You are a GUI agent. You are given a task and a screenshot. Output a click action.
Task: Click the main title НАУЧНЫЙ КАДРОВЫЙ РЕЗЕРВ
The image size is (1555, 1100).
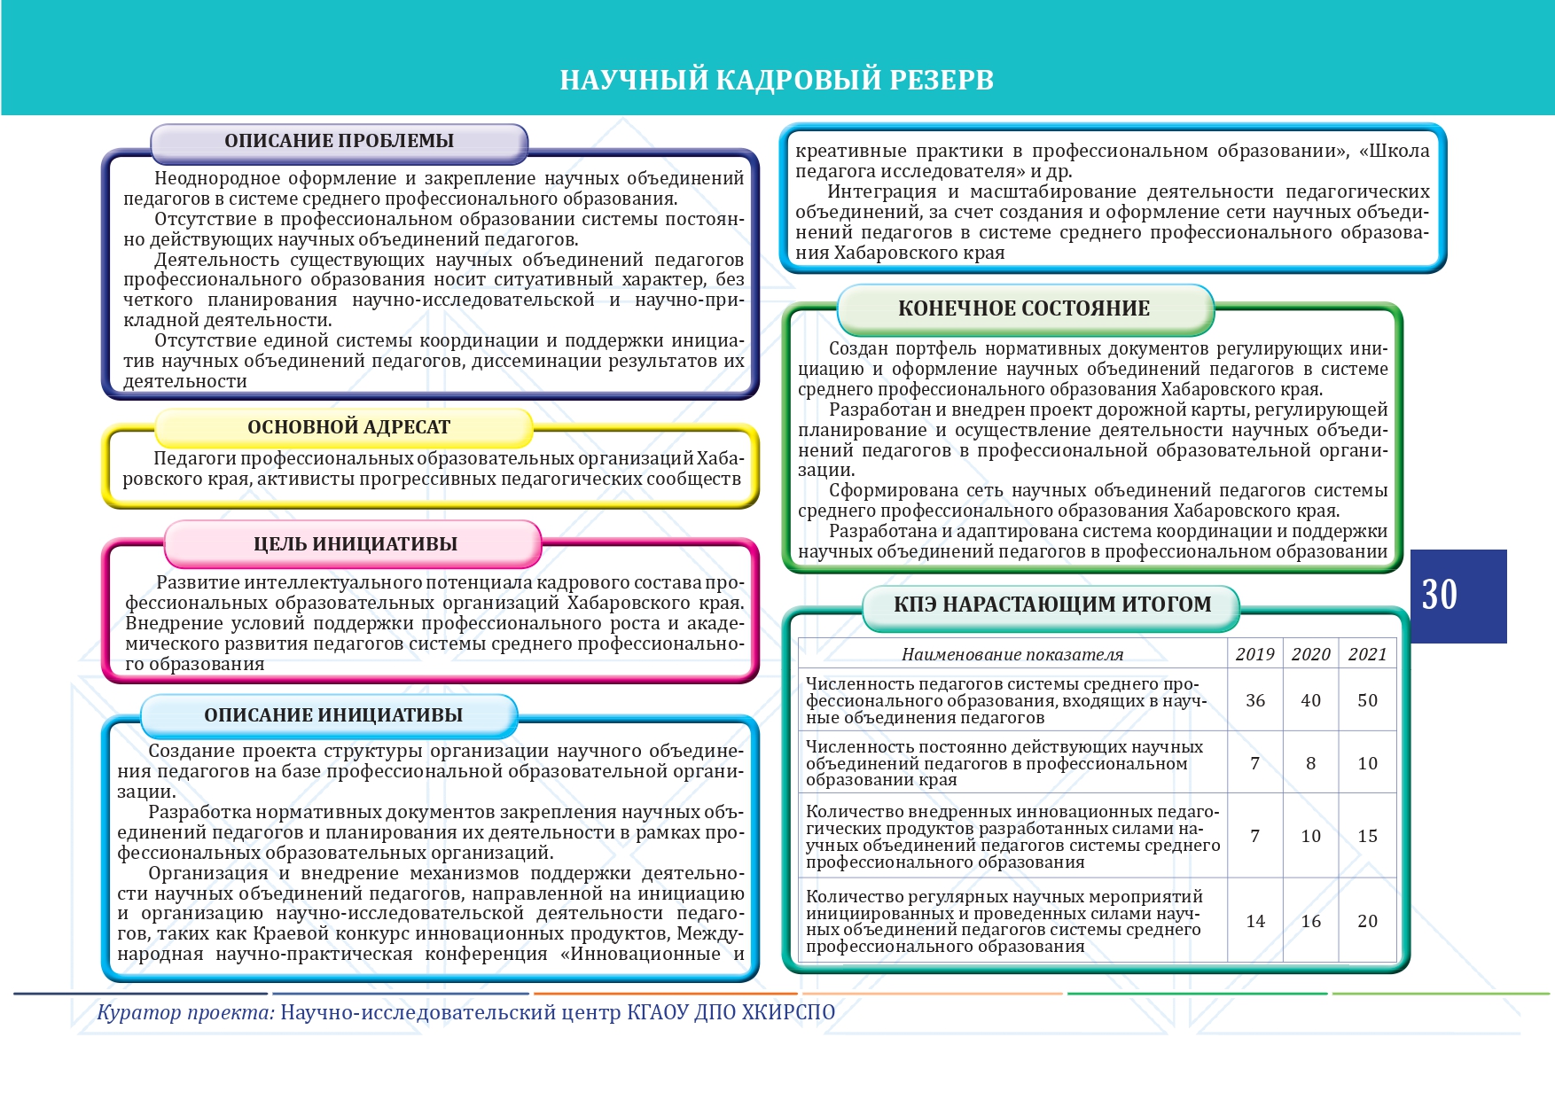[x=777, y=80]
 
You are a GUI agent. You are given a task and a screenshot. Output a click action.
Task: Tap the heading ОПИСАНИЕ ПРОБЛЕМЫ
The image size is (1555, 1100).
[x=339, y=141]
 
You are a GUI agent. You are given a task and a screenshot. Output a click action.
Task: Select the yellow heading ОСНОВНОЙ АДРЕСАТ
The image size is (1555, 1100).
[x=348, y=427]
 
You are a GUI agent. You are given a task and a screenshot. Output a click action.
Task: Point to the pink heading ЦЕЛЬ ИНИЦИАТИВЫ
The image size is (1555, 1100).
[x=356, y=544]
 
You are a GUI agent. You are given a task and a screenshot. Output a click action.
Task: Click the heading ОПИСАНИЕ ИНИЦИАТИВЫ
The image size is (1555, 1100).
[x=333, y=715]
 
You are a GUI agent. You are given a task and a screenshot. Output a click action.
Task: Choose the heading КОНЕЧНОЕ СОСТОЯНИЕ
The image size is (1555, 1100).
[x=1024, y=308]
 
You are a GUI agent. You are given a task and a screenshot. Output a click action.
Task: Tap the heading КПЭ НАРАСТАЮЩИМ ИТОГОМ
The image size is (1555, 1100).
[x=1052, y=605]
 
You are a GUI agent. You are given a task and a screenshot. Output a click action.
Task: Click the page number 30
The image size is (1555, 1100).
[x=1440, y=595]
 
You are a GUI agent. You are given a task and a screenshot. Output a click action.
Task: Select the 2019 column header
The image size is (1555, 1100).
[x=1254, y=654]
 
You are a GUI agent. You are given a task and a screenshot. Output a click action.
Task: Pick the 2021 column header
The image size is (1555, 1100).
[x=1367, y=654]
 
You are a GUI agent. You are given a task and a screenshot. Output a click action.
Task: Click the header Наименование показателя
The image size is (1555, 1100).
[x=1012, y=655]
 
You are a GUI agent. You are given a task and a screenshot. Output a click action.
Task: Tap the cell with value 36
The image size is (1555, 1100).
[x=1255, y=700]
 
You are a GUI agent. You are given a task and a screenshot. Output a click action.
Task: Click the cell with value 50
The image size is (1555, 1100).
[x=1367, y=700]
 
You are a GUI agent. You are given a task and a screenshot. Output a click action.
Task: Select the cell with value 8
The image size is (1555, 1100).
[x=1310, y=763]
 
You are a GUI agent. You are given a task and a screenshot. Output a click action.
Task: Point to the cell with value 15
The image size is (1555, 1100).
[x=1367, y=836]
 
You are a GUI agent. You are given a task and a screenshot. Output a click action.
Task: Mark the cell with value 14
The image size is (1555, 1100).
[x=1255, y=921]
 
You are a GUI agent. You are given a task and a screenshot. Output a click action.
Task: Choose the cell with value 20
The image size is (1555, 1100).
[x=1367, y=921]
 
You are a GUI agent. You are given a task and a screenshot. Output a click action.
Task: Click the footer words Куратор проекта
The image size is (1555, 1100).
[x=185, y=1012]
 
